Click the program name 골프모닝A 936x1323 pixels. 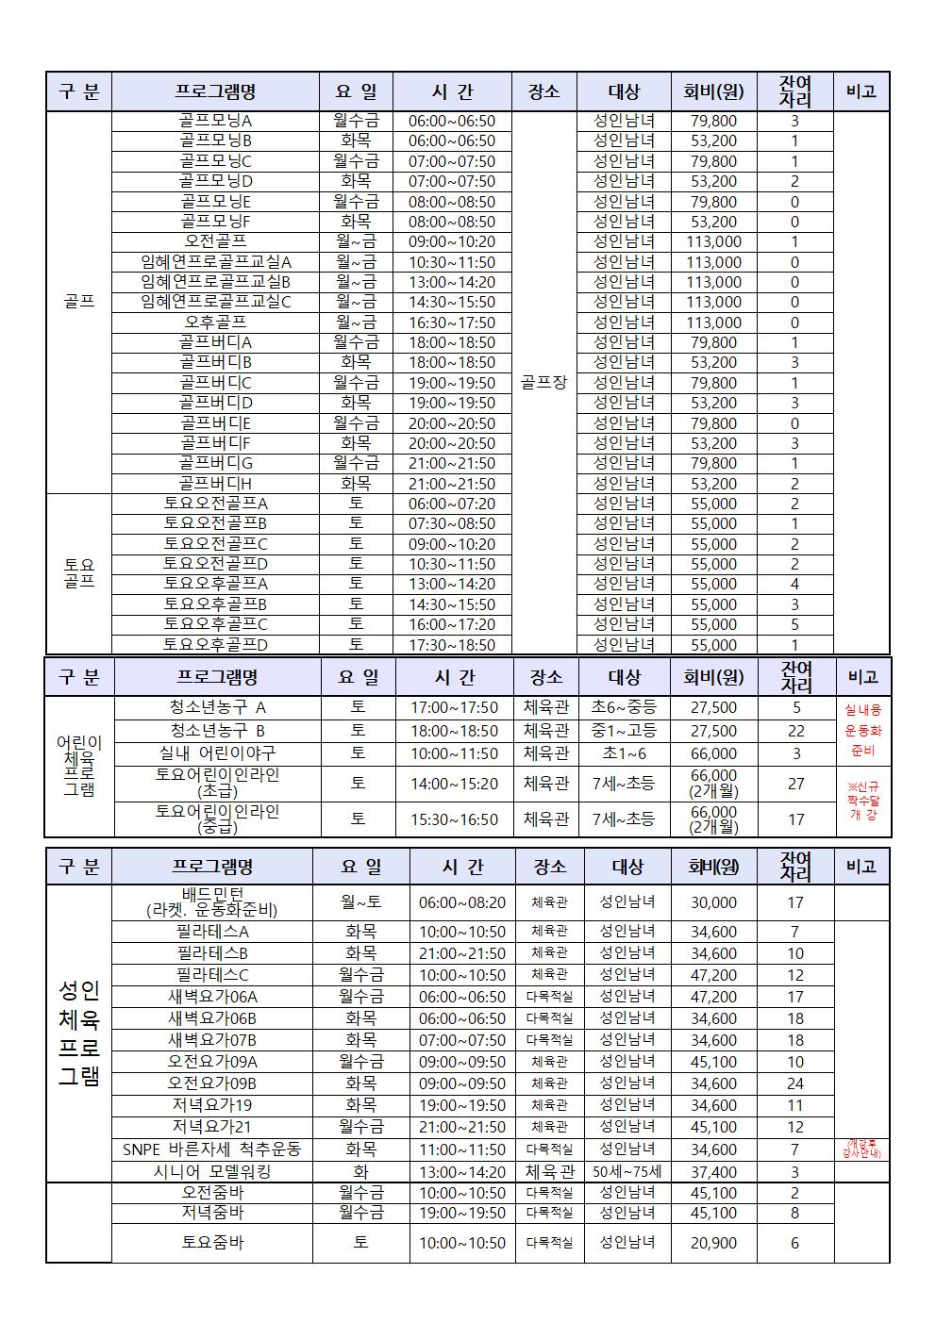pyautogui.click(x=215, y=121)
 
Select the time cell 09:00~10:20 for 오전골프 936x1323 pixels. pyautogui.click(x=451, y=241)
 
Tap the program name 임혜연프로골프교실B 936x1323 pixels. pyautogui.click(x=215, y=282)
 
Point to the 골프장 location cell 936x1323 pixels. pyautogui.click(x=543, y=382)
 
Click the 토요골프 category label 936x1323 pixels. pyautogui.click(x=79, y=573)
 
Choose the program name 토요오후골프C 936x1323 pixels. pyautogui.click(x=215, y=624)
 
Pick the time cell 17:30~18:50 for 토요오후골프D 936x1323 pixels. pyautogui.click(x=451, y=645)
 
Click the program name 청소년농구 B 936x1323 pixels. pyautogui.click(x=217, y=731)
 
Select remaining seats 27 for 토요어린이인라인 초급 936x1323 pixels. pyautogui.click(x=795, y=784)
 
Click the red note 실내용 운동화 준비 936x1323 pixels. pyautogui.click(x=862, y=730)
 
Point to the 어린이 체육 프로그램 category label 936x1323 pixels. pyautogui.click(x=79, y=766)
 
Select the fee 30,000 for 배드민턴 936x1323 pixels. pyautogui.click(x=713, y=902)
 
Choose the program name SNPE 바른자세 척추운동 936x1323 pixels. pyautogui.click(x=211, y=1149)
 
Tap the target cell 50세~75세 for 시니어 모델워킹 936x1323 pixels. pyautogui.click(x=627, y=1172)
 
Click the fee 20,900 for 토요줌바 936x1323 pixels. pyautogui.click(x=713, y=1243)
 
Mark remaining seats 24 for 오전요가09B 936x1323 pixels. pyautogui.click(x=795, y=1084)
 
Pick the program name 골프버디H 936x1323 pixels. pyautogui.click(x=215, y=484)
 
